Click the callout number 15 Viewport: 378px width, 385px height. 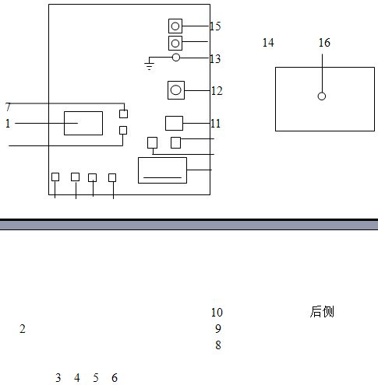coord(215,26)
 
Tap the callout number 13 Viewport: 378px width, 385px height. coord(215,59)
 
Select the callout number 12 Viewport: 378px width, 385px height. coord(217,91)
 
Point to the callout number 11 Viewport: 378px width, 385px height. coord(216,124)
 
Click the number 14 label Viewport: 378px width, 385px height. coord(268,43)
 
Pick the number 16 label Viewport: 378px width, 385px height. coord(324,43)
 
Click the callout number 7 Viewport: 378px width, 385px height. coord(8,107)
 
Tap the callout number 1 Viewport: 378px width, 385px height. coord(8,124)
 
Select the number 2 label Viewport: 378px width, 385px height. coord(23,329)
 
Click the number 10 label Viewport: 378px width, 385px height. coord(217,313)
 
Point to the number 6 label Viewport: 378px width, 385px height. coord(115,378)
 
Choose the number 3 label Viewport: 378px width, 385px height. coord(58,378)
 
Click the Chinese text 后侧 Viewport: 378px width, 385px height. coord(322,312)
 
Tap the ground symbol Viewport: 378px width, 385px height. coord(149,66)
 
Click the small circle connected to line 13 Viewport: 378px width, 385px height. coord(176,58)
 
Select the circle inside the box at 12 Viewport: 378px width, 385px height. coord(176,90)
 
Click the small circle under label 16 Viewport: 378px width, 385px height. coord(322,96)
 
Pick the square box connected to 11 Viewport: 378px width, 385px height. coord(174,123)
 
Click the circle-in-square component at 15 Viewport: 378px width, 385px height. coord(175,26)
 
